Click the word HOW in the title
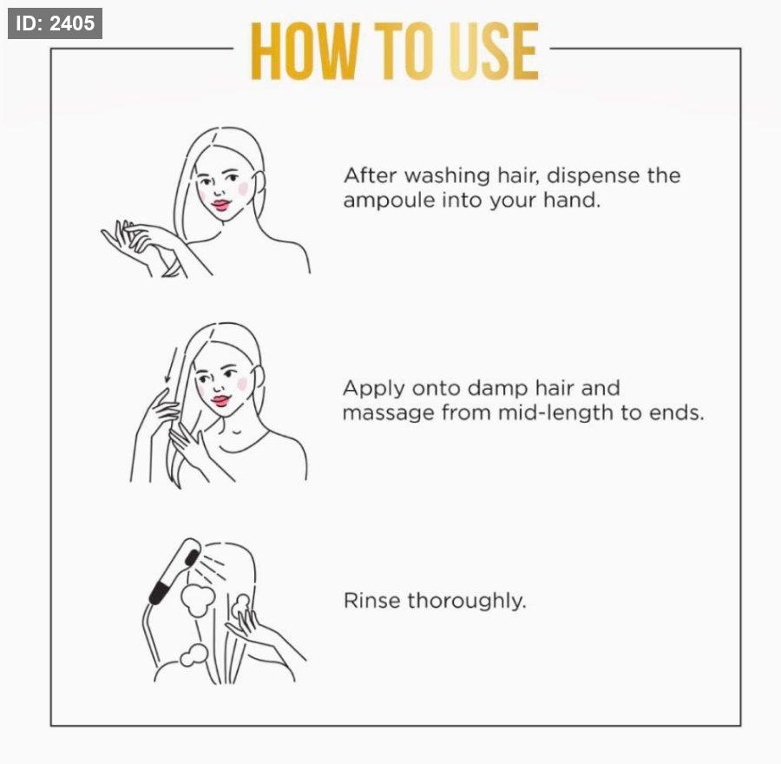(x=305, y=51)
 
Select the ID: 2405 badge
(x=55, y=23)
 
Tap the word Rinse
(x=371, y=601)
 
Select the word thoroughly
(x=467, y=602)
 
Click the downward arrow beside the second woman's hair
(x=170, y=366)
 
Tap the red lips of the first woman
(x=220, y=204)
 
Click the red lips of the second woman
(x=220, y=400)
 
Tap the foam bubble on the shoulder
(x=194, y=655)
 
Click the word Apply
(x=373, y=390)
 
